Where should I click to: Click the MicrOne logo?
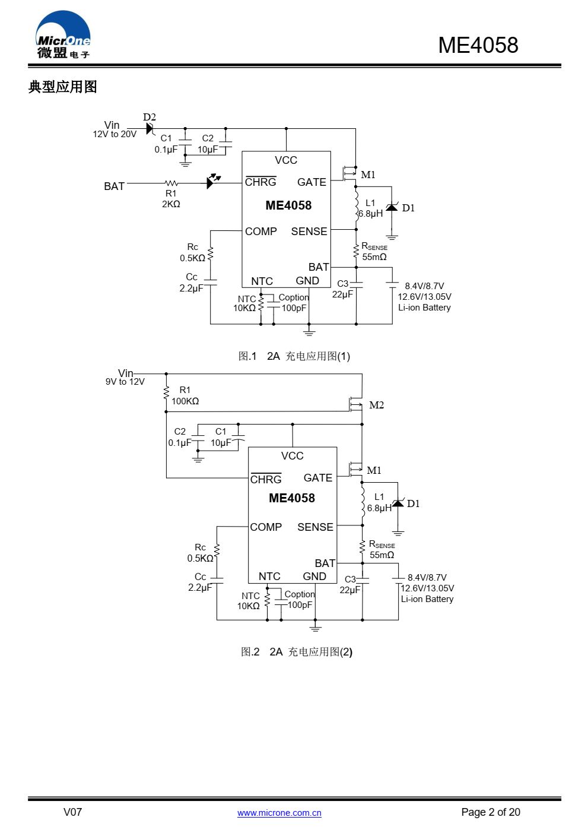click(63, 34)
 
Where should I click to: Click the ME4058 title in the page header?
click(478, 45)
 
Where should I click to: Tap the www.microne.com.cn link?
click(279, 813)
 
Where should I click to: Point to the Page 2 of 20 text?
click(491, 812)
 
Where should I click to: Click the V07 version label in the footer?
click(72, 812)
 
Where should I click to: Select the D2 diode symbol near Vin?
click(150, 129)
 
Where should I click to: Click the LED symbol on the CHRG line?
click(213, 181)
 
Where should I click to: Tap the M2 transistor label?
click(376, 405)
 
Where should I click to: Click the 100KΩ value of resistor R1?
click(185, 401)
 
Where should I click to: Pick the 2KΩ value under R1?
click(171, 204)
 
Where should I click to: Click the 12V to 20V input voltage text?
click(115, 134)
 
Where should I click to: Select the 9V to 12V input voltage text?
click(125, 382)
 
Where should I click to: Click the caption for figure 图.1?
click(294, 356)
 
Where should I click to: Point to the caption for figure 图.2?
click(297, 652)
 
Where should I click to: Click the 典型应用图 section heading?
click(62, 87)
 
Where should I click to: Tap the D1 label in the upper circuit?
click(408, 208)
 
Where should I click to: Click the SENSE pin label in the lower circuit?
click(315, 527)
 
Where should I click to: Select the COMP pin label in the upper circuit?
click(261, 232)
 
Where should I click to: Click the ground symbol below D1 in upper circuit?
click(392, 237)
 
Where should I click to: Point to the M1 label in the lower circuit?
click(374, 470)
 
